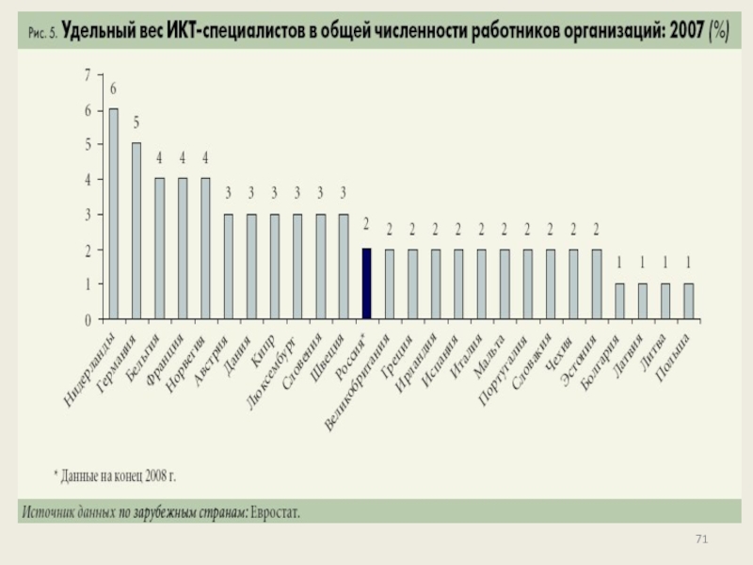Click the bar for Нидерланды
pos(113,214)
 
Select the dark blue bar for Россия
pos(367,283)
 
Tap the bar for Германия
pos(136,231)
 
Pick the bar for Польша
pos(688,301)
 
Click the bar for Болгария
pos(619,301)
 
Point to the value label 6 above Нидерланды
pos(114,90)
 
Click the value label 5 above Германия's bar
pos(136,122)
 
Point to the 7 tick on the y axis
pos(88,74)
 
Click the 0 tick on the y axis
pos(88,320)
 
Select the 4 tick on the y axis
pos(88,180)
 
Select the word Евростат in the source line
pos(281,512)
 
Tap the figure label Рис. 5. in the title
pos(43,32)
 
